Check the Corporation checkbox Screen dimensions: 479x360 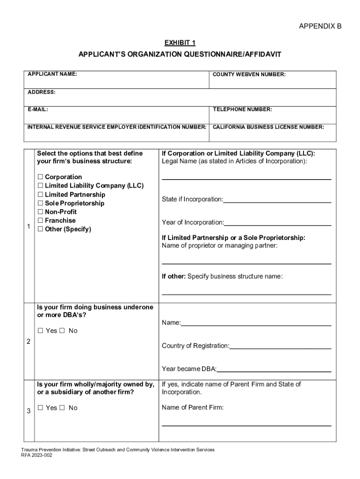[40, 177]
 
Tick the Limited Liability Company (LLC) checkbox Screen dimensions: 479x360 [40, 186]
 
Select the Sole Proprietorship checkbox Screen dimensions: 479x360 [40, 203]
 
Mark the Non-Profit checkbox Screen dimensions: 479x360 [40, 212]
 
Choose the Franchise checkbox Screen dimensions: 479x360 [40, 221]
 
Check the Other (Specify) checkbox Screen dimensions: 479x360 [40, 229]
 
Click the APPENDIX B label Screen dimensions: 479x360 [320, 26]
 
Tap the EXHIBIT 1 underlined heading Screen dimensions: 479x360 [180, 43]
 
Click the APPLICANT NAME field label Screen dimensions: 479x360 [52, 74]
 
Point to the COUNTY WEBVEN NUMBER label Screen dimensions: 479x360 [249, 74]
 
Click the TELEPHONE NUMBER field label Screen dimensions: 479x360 [242, 109]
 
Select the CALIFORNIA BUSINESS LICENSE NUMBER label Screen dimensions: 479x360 [268, 127]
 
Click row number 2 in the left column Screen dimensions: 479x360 [29, 342]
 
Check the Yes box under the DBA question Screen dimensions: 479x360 [40, 331]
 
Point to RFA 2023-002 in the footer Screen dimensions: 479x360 [36, 455]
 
